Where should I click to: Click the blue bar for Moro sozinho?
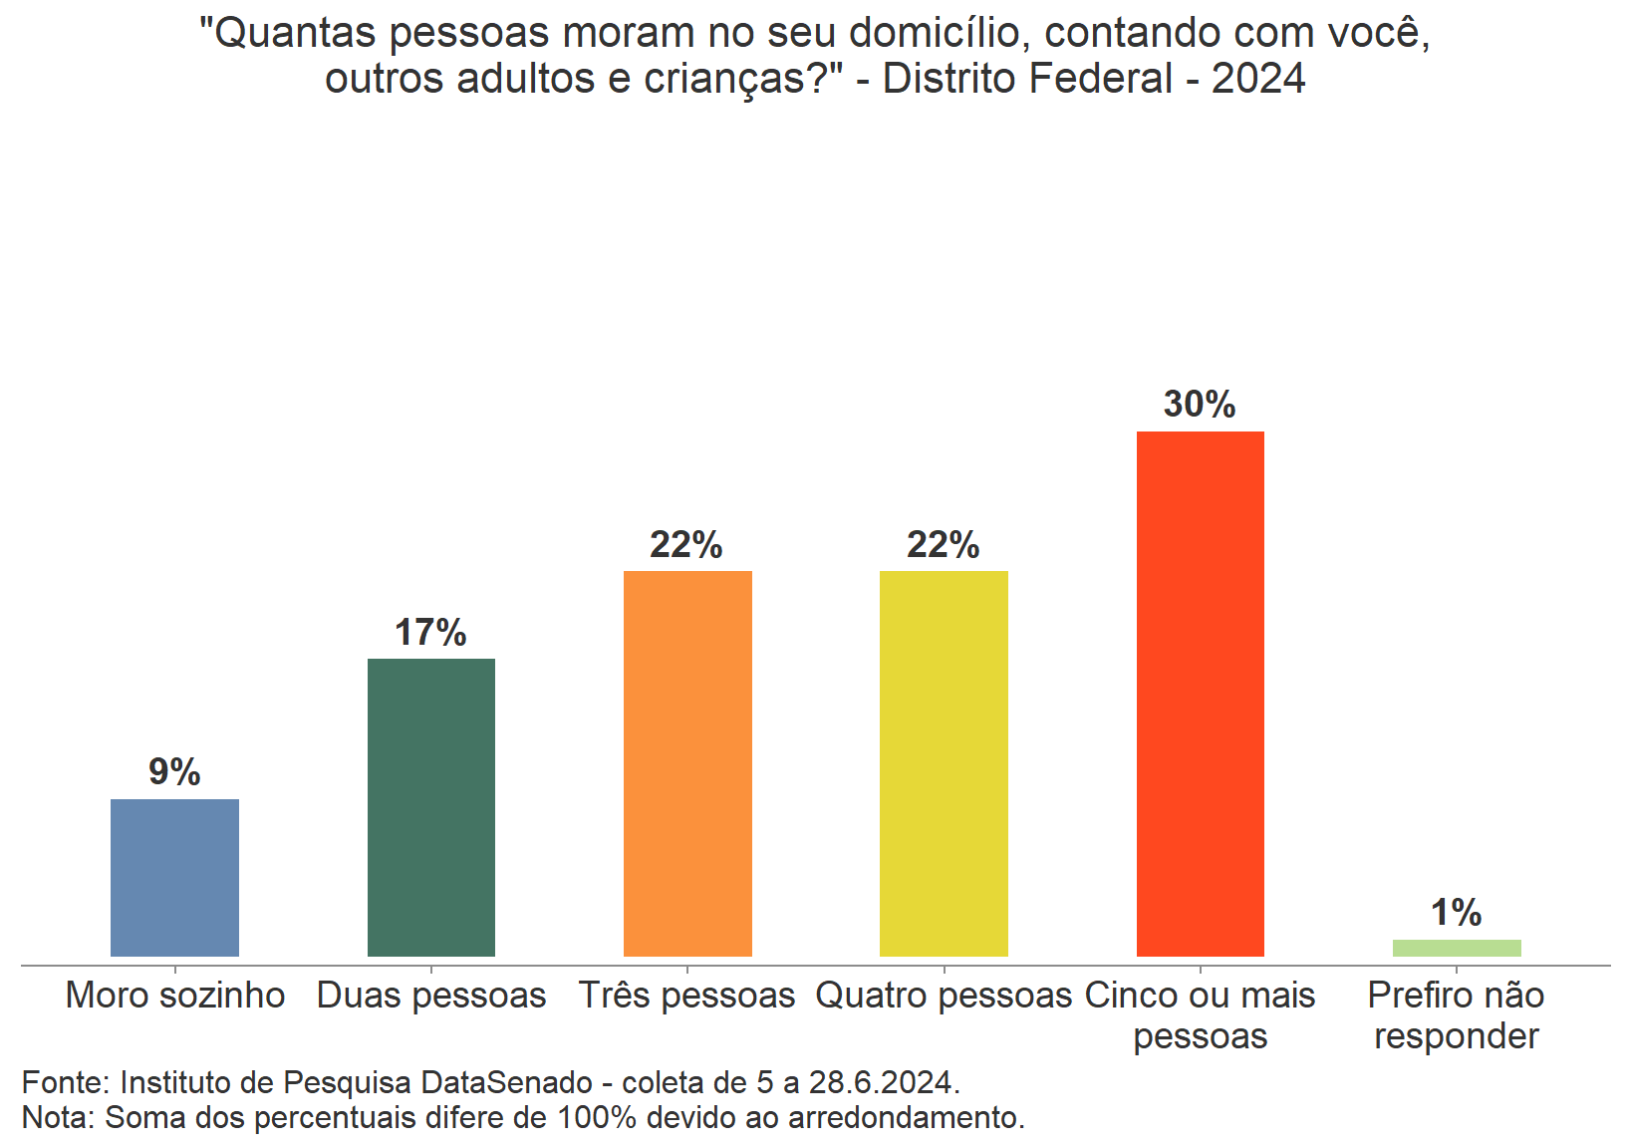(x=174, y=877)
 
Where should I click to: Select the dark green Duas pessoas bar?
(x=430, y=807)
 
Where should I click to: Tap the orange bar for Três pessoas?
(x=687, y=763)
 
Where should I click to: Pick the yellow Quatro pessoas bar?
(x=944, y=763)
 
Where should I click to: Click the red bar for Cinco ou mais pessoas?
(x=1200, y=694)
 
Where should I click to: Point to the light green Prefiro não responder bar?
(x=1456, y=948)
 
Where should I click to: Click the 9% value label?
(x=174, y=772)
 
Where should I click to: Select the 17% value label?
(x=430, y=633)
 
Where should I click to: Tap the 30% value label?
(x=1200, y=405)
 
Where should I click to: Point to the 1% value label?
(x=1456, y=913)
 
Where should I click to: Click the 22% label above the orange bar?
(x=686, y=545)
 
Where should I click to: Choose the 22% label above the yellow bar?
(x=944, y=545)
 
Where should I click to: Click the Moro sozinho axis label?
(x=175, y=996)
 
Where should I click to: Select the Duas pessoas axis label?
(x=431, y=996)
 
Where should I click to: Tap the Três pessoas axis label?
(x=687, y=996)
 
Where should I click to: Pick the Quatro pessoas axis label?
(x=944, y=996)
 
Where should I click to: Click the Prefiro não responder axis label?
(x=1456, y=1015)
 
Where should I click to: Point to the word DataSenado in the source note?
(x=507, y=1082)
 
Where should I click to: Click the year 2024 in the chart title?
(x=1258, y=79)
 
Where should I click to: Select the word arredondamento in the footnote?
(x=906, y=1118)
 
